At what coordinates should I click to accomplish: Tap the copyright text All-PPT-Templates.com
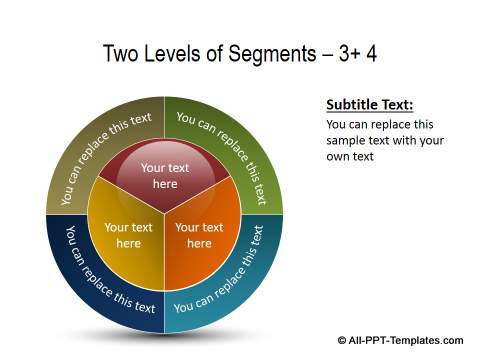pos(405,338)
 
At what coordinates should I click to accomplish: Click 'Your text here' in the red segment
pos(165,176)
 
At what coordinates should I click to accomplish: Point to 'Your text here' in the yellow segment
pos(129,235)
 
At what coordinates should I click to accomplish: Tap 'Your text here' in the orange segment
pos(200,235)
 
